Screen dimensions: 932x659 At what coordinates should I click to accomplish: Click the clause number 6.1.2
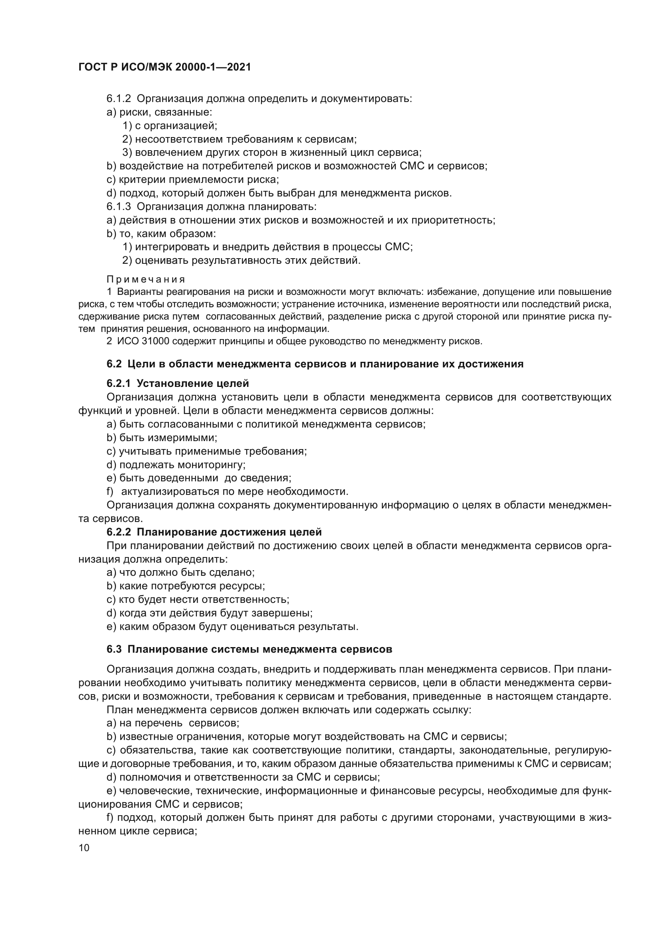coord(118,99)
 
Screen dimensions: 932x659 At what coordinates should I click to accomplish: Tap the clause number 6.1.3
coord(118,207)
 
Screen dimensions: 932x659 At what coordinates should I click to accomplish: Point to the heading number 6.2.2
coord(118,532)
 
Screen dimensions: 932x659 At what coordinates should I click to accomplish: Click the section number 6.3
coord(114,649)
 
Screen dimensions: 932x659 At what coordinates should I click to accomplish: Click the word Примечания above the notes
coord(146,280)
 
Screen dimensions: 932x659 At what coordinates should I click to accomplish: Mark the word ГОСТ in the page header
coord(92,67)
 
